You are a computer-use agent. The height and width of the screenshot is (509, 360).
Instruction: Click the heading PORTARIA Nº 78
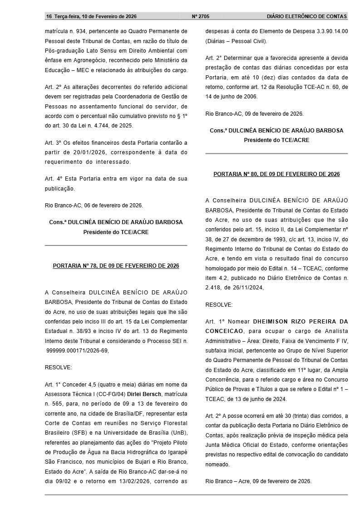[x=116, y=266]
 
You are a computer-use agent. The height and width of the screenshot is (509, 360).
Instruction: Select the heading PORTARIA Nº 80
[x=276, y=174]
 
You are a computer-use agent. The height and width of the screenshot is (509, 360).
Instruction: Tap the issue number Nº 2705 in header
[x=201, y=16]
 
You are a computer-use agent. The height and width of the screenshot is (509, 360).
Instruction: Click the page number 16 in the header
[x=49, y=16]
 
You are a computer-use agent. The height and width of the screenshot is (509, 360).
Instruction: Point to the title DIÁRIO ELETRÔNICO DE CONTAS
[x=307, y=16]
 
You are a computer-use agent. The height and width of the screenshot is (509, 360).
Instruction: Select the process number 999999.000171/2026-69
[x=77, y=350]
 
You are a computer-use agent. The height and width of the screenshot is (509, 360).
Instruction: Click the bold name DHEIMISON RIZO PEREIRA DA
[x=301, y=321]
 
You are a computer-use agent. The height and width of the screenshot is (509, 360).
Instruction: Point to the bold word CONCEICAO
[x=224, y=331]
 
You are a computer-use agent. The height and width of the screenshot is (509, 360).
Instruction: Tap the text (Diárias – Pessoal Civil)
[x=237, y=41]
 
